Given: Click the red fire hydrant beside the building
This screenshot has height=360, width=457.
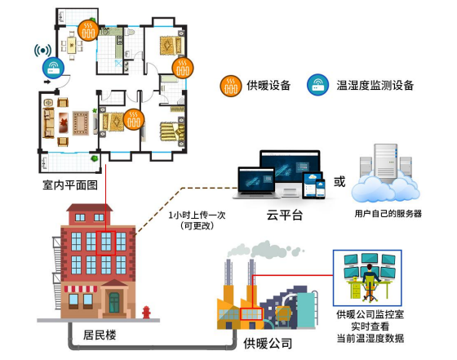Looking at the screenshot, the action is [146, 312].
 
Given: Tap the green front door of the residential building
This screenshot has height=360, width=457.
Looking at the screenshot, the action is [114, 303].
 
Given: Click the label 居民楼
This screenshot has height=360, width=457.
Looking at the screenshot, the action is [100, 335].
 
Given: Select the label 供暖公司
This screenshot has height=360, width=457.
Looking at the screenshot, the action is [268, 344].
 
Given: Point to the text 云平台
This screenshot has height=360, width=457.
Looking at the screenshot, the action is [285, 216].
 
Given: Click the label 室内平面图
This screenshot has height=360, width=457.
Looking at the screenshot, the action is [70, 185].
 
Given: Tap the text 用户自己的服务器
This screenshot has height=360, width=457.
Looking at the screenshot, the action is [388, 214].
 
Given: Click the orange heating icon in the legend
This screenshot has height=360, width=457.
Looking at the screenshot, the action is [230, 86].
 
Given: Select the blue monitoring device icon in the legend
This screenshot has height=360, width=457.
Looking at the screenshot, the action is [317, 85].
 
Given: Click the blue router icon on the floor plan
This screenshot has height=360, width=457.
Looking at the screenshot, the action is [53, 68].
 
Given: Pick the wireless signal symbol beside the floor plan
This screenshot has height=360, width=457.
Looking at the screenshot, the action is [42, 51].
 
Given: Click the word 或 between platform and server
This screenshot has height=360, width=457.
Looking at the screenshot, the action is [339, 181].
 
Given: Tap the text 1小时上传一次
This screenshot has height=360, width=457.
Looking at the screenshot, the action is [197, 216].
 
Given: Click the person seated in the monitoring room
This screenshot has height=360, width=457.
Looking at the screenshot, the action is [370, 282].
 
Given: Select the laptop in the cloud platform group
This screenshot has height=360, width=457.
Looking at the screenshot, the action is [256, 183].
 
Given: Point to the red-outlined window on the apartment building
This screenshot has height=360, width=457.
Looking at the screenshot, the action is [106, 243].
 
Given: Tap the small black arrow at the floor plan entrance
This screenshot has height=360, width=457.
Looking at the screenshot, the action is [47, 82].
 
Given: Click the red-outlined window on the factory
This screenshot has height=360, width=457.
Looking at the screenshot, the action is [251, 314].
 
